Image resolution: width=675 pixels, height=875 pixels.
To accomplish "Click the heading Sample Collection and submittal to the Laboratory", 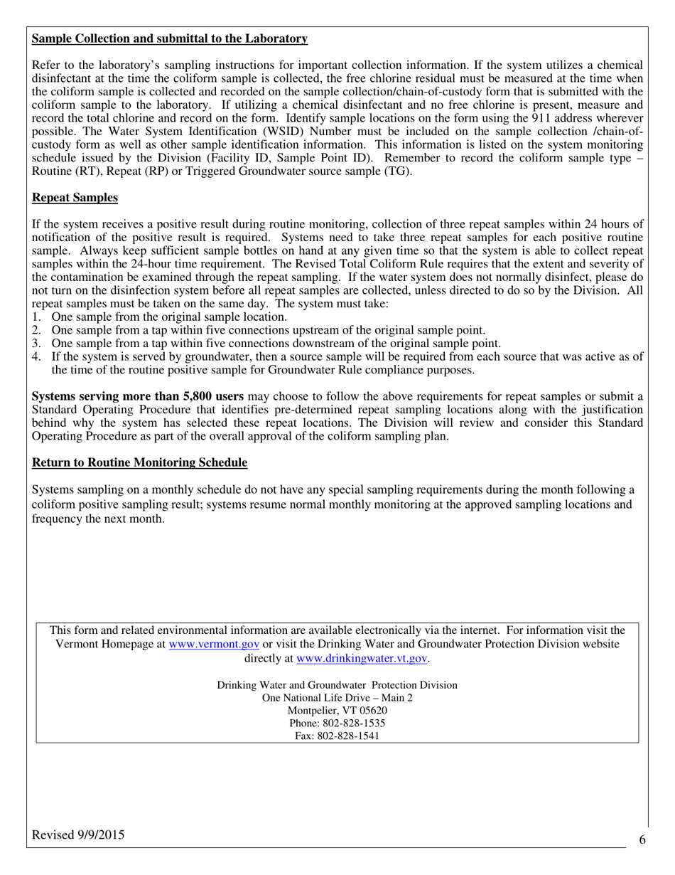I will point(170,38).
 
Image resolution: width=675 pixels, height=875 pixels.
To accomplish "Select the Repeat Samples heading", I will point(75,197).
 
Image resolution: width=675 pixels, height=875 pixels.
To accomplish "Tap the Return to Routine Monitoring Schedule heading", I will point(140,462).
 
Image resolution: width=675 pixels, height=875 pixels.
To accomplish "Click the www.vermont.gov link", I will point(214,644).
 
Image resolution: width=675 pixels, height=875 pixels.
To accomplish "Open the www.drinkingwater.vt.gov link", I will point(362,658).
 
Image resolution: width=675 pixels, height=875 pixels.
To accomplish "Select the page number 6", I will point(642,839).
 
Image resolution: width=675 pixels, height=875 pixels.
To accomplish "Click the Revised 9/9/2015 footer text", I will point(78,835).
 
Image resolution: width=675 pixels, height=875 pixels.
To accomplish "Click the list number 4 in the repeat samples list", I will point(36,356).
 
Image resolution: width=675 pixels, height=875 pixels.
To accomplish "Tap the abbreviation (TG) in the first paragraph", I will point(396,171).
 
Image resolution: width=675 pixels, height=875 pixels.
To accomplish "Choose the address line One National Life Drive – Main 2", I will point(337,697).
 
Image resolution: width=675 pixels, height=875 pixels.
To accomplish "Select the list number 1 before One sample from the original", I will point(36,317).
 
